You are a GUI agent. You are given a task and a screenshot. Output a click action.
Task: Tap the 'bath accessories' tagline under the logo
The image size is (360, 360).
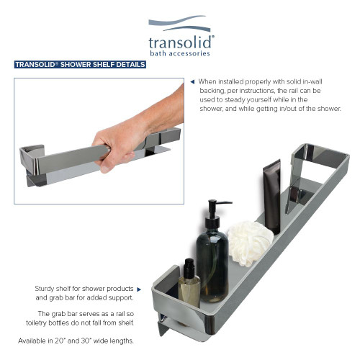tap(180, 54)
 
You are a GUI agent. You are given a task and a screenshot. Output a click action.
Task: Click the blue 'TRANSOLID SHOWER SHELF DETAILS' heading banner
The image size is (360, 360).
tap(80, 65)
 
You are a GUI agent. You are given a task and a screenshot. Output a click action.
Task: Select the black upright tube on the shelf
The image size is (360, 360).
tap(271, 195)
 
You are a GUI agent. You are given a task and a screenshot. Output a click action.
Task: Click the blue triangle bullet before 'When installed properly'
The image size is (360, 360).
tap(192, 81)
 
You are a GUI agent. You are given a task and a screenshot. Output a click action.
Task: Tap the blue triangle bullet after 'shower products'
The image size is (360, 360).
tap(138, 289)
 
